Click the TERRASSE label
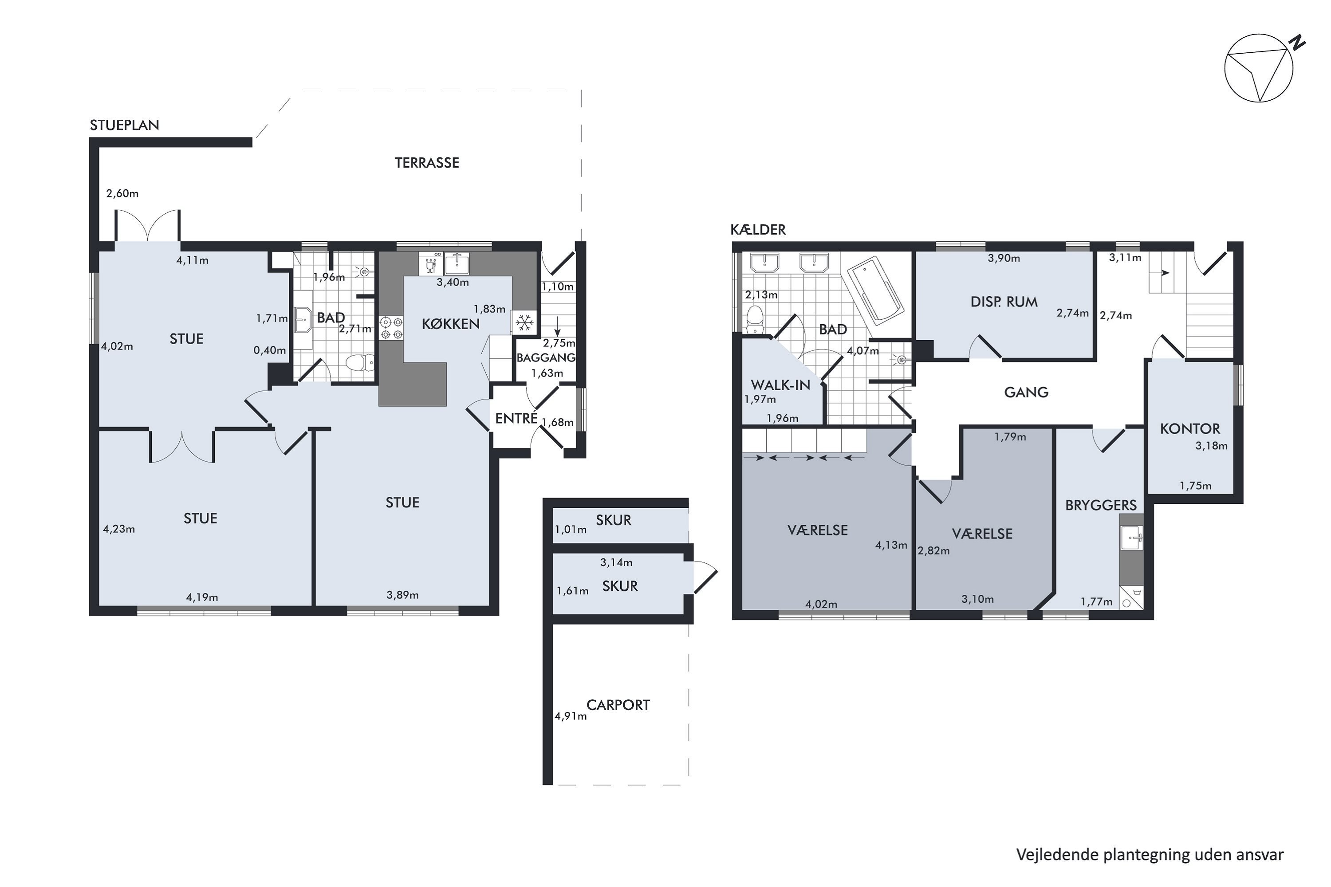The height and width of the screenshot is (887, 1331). tap(427, 163)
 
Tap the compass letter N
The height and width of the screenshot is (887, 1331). tap(1298, 43)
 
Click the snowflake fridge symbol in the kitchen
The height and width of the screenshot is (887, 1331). tap(524, 323)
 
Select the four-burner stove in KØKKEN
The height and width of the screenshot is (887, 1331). tap(390, 328)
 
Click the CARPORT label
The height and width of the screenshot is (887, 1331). tap(618, 705)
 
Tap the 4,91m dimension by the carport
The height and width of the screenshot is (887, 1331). tap(571, 716)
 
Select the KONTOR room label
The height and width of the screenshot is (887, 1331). tap(1190, 429)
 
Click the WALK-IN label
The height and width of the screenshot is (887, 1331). tap(780, 385)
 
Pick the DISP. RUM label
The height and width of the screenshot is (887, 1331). tap(1004, 302)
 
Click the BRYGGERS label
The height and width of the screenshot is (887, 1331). tap(1101, 505)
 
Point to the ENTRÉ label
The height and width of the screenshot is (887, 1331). tap(516, 418)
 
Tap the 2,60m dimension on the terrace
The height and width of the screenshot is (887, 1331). tap(122, 193)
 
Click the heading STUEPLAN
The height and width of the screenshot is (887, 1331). tap(125, 125)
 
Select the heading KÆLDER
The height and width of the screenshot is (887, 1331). tap(758, 229)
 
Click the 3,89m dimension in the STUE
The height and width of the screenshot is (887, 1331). tap(402, 595)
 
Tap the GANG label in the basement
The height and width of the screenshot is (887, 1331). tap(1026, 392)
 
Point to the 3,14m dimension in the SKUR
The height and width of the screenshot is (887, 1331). tap(616, 562)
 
